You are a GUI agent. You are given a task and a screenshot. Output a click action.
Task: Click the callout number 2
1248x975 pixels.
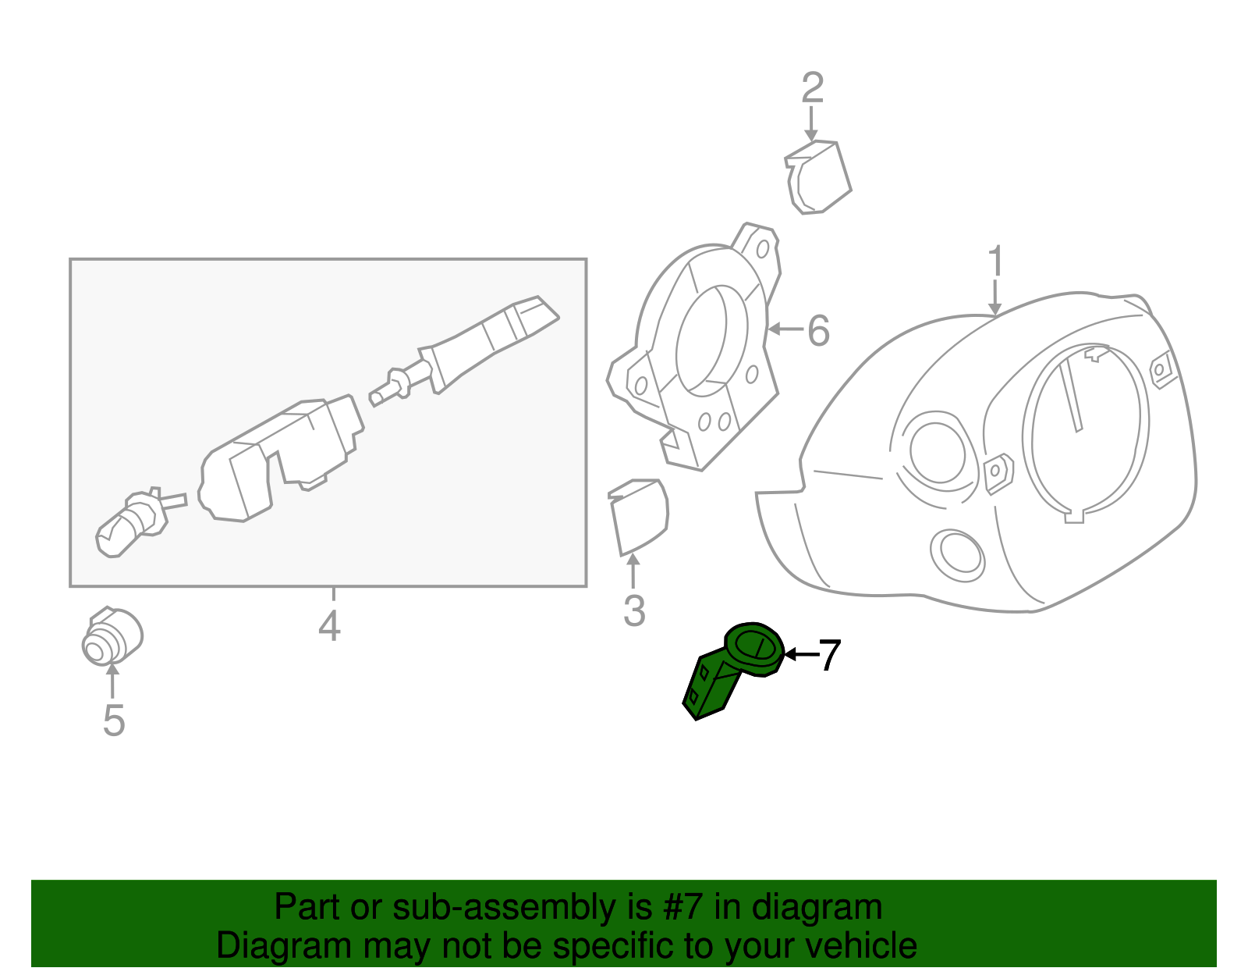[812, 87]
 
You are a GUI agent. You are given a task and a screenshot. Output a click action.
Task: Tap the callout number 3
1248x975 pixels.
[634, 610]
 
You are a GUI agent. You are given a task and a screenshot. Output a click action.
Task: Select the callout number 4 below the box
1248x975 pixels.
[329, 625]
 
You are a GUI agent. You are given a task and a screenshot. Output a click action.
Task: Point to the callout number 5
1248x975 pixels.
[114, 720]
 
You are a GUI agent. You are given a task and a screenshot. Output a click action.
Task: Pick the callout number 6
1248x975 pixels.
[817, 330]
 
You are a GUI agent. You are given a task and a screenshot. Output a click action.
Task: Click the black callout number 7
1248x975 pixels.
[828, 655]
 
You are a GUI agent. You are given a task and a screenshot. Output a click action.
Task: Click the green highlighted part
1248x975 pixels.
[729, 671]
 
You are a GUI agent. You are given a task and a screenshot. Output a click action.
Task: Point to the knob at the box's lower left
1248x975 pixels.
[131, 524]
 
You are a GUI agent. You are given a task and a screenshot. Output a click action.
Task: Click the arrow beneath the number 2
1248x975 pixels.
[812, 124]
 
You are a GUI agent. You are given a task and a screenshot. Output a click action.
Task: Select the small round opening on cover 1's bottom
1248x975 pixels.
[957, 554]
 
